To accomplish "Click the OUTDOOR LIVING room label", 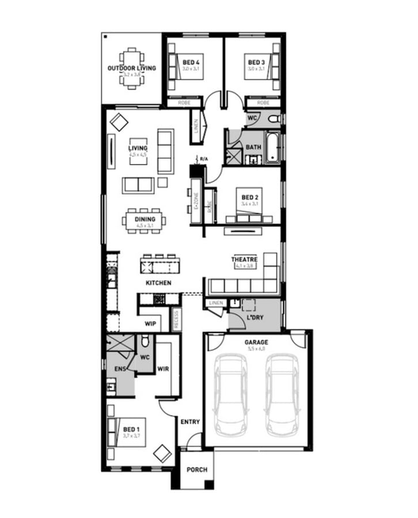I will [x=131, y=68].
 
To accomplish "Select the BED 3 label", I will [x=256, y=62].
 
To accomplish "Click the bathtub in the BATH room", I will [x=272, y=148].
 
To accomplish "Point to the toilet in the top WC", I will [x=273, y=119].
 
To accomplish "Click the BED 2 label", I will [x=250, y=197].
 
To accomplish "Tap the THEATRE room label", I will [x=244, y=260].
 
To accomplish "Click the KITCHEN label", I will [x=158, y=283].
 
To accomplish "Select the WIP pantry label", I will [x=151, y=323].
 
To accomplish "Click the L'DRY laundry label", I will [x=254, y=318].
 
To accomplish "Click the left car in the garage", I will [x=230, y=395].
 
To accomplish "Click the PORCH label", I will [x=197, y=470].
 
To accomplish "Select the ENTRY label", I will [x=190, y=422].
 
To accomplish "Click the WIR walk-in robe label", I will [x=163, y=368].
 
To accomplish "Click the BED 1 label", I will [x=131, y=429].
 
